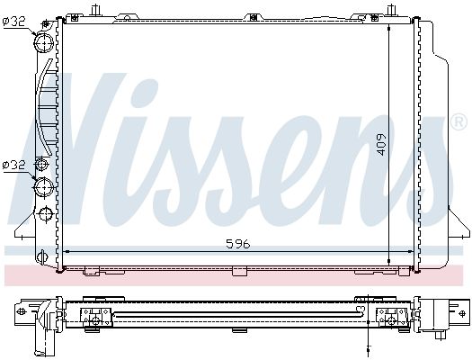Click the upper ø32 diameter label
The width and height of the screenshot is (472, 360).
[x=14, y=22]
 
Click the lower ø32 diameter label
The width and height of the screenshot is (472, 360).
[x=14, y=165]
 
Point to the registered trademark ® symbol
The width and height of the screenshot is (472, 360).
[x=459, y=120]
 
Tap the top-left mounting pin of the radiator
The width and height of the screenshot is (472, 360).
[x=94, y=11]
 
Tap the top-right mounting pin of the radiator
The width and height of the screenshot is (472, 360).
[x=391, y=11]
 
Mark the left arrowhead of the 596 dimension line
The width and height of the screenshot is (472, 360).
[x=68, y=251]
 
